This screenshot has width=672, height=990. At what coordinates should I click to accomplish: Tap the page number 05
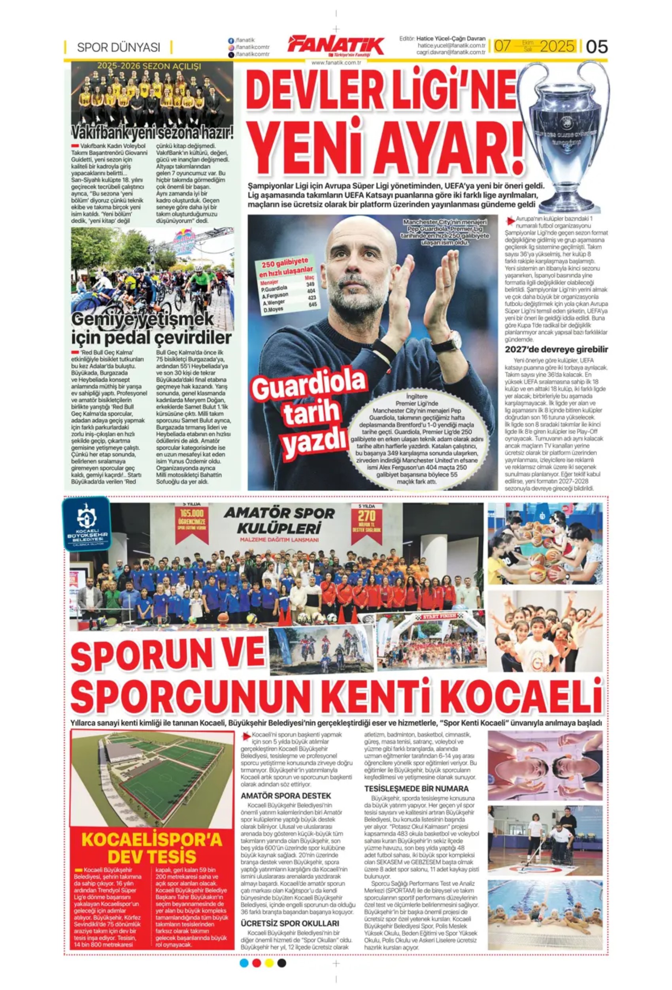(596, 46)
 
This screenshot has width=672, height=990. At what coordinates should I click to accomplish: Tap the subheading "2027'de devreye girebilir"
(556, 350)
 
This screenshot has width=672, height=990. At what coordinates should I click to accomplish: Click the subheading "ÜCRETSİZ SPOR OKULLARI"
(290, 924)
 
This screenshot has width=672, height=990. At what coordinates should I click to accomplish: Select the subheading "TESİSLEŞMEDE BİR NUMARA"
(416, 789)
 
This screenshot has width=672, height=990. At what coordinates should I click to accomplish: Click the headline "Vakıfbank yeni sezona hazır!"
(153, 132)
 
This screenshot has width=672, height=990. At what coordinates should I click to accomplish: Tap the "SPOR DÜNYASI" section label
(118, 47)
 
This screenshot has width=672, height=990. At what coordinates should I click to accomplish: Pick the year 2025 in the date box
(557, 46)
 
